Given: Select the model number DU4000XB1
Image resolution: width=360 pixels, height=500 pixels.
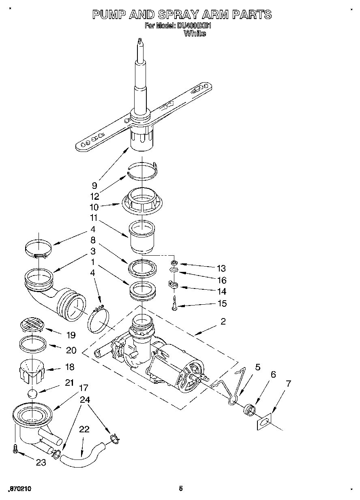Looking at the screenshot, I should coord(194,26).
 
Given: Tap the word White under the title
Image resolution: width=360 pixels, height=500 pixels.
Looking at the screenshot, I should coord(195,34).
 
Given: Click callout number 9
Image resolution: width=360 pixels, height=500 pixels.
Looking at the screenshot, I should coord(94,186).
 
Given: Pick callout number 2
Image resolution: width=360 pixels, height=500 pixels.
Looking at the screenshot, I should coord(223,321).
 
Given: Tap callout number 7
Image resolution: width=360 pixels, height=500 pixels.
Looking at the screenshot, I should coord(288,384).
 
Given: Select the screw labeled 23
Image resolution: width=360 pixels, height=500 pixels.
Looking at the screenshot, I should coord(16,449).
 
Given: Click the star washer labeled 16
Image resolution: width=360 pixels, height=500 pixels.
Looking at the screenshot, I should coord(174,271).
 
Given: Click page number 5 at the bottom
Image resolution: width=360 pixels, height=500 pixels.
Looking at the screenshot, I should coord(181,488).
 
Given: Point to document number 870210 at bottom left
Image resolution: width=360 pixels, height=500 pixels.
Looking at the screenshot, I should coord(19,489).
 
